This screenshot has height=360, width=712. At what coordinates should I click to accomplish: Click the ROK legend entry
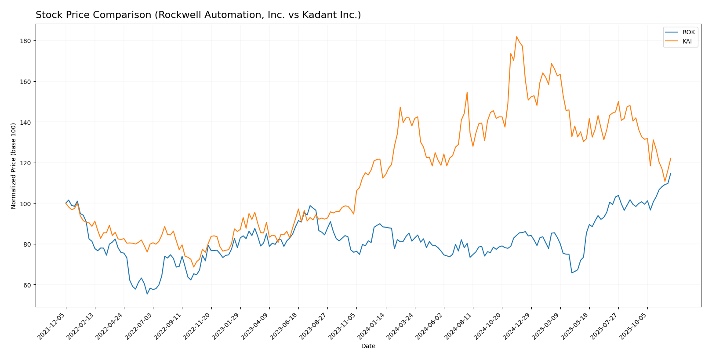click(x=688, y=33)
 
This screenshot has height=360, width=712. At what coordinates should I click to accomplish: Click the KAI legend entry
click(x=688, y=41)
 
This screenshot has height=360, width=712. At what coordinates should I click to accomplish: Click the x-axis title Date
click(x=368, y=346)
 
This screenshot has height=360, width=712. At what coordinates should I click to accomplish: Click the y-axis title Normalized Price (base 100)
click(x=14, y=166)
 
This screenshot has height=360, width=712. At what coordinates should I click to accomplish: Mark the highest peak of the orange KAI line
click(x=516, y=36)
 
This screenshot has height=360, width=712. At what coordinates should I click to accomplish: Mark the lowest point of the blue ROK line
click(x=147, y=294)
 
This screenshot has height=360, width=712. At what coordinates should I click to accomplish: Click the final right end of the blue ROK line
click(x=671, y=173)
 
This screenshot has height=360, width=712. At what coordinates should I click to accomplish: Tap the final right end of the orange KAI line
click(x=671, y=158)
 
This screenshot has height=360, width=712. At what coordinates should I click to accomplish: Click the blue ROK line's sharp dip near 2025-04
click(x=572, y=273)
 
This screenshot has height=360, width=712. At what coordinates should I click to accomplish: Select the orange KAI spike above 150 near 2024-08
click(x=467, y=92)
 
